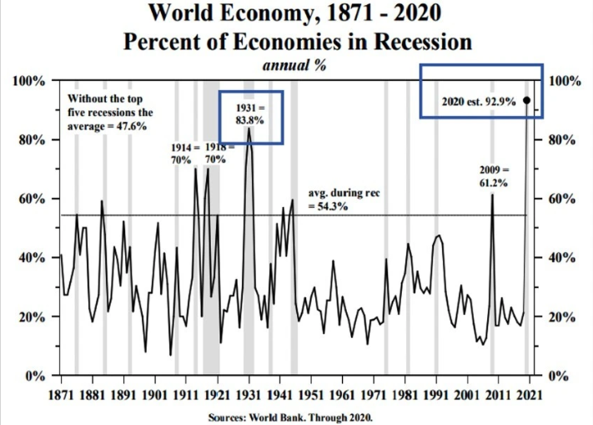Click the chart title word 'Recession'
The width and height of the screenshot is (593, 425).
point(417,42)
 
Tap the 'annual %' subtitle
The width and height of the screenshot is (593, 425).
point(294,67)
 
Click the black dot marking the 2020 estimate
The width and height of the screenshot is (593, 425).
point(526,100)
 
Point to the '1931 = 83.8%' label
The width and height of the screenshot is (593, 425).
point(249,114)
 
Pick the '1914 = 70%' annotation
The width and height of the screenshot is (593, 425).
point(181,154)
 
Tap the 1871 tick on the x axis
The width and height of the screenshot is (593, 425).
point(61,392)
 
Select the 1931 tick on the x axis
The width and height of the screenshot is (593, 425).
point(249,392)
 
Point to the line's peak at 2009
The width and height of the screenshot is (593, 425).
point(492,195)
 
